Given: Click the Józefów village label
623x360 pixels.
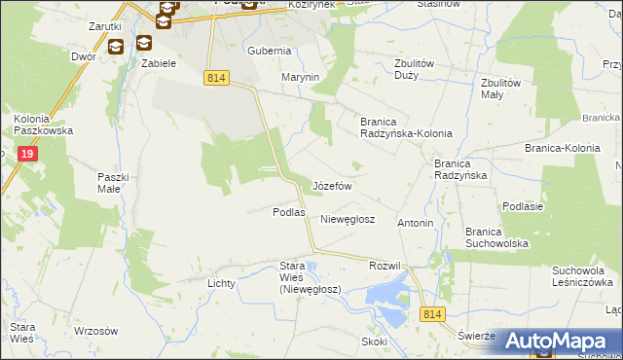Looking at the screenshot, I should click(x=331, y=185).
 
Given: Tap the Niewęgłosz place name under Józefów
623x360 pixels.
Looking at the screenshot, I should click(x=348, y=220).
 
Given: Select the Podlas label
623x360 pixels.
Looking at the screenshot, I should click(x=289, y=212).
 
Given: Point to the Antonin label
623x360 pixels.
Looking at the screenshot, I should click(x=415, y=223).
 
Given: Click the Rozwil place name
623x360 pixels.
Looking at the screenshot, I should click(x=385, y=266).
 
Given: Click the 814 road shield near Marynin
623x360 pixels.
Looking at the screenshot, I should click(x=217, y=77).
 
